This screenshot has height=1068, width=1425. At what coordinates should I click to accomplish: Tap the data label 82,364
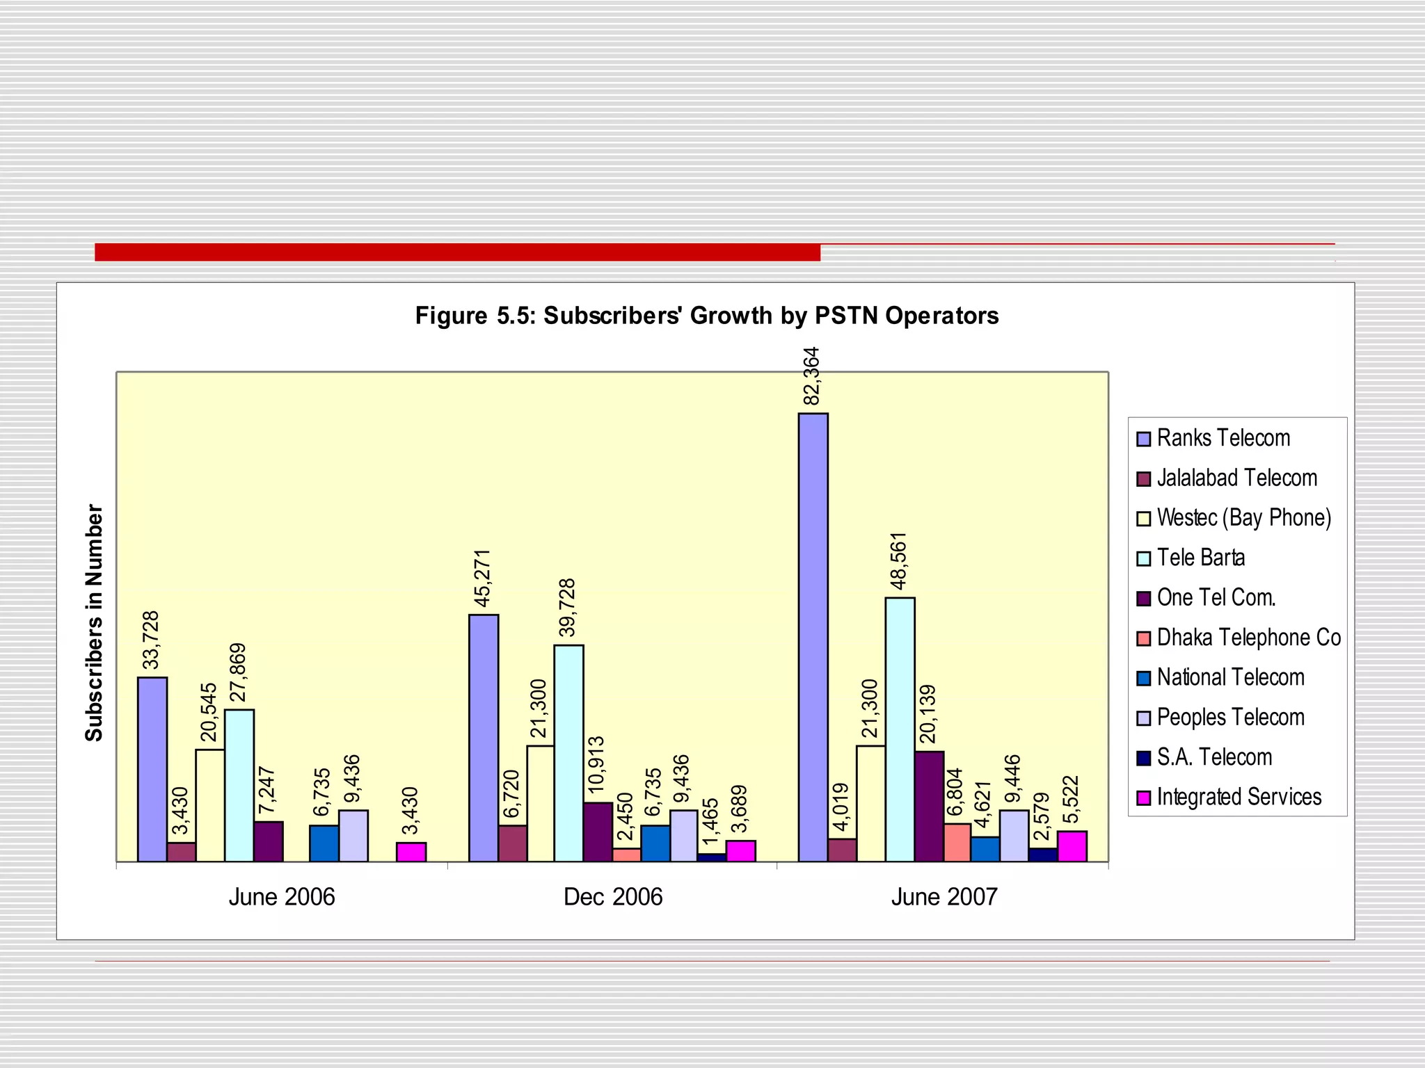point(811,376)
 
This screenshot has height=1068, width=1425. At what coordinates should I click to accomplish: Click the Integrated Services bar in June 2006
point(411,852)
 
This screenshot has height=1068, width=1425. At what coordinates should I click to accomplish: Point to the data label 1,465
point(710,823)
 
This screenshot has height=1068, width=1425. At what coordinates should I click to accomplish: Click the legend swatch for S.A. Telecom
point(1143,758)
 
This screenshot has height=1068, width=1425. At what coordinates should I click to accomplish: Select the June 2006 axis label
point(282,897)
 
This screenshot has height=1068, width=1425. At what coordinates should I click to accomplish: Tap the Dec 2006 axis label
point(613,897)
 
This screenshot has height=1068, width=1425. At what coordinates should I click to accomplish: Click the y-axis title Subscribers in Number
point(94,623)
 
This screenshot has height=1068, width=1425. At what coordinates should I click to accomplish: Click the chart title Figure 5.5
point(707,316)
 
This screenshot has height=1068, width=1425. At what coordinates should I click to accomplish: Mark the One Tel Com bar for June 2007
point(929,806)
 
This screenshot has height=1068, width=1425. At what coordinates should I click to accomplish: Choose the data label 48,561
point(899,561)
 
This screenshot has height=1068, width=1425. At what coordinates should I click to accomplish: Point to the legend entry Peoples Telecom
point(1230,718)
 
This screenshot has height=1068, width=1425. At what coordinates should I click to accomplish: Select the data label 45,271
point(482,578)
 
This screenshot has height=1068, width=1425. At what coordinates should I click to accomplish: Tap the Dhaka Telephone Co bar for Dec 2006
point(626,855)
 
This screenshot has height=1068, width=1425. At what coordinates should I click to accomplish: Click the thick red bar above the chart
point(457,252)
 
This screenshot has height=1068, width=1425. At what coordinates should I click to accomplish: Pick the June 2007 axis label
point(944,897)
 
